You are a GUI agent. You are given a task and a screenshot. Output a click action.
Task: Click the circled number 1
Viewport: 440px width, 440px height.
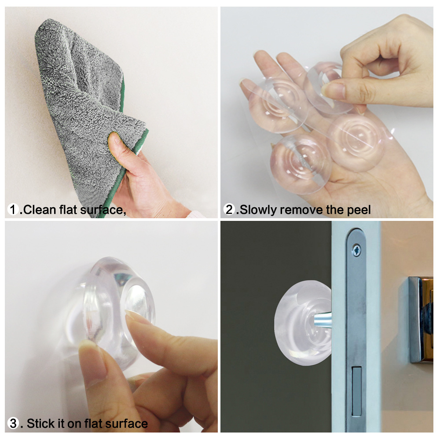(x=14, y=210)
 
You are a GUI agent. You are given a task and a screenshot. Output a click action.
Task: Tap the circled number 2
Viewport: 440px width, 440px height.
(x=230, y=210)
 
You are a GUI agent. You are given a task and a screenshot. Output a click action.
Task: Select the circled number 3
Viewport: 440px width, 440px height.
(x=14, y=424)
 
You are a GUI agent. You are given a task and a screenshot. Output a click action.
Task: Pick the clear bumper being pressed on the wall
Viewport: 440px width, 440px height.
(x=117, y=308)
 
